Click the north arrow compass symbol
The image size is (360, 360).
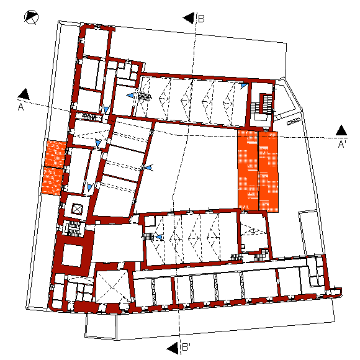(31, 17)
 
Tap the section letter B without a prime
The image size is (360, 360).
(201, 19)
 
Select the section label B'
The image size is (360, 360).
(186, 347)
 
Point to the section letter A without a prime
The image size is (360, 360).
(20, 107)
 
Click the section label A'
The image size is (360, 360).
(342, 144)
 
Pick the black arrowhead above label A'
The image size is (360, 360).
(341, 130)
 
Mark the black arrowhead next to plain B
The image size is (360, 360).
(189, 18)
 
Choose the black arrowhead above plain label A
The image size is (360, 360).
(24, 94)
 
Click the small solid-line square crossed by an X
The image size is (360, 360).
(77, 209)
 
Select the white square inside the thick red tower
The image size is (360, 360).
(73, 255)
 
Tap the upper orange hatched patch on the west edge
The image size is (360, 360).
(55, 154)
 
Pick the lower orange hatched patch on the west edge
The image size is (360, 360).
(52, 181)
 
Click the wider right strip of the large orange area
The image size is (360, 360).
(269, 171)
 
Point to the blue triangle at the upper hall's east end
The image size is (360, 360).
(244, 86)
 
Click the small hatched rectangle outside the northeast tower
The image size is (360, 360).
(294, 121)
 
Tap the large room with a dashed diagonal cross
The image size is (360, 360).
(112, 287)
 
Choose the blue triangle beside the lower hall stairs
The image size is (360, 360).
(159, 237)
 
